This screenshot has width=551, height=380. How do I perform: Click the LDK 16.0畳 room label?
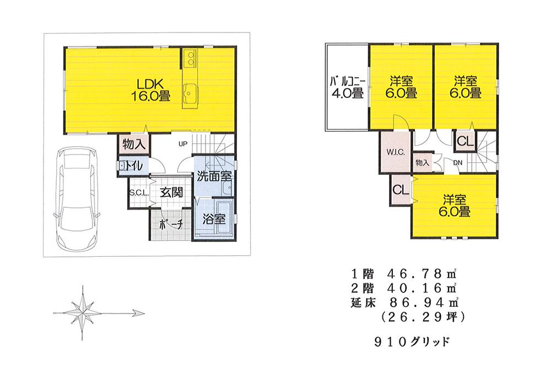coord(150,89)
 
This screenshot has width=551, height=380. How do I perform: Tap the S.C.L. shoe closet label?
coord(137,192)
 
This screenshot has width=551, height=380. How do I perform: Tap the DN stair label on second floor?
coord(458,163)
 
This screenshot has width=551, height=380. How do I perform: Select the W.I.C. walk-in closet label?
coord(396,152)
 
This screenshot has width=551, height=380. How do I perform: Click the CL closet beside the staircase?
coord(465,141)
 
